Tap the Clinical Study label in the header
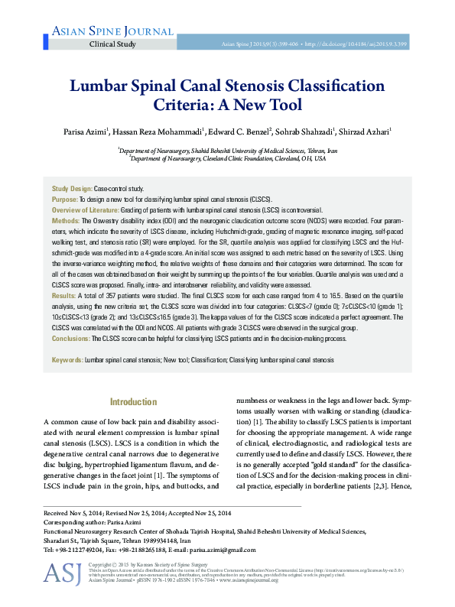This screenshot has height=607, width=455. click(112, 44)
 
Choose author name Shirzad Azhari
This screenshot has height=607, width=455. click(363, 132)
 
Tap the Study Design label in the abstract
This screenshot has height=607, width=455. click(72, 187)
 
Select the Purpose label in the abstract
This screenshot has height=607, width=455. click(64, 198)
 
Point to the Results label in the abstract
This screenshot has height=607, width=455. click(63, 294)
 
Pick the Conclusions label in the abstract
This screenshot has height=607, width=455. click(72, 338)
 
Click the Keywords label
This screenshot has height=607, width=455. click(67, 359)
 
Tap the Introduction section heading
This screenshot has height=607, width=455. click(134, 401)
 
